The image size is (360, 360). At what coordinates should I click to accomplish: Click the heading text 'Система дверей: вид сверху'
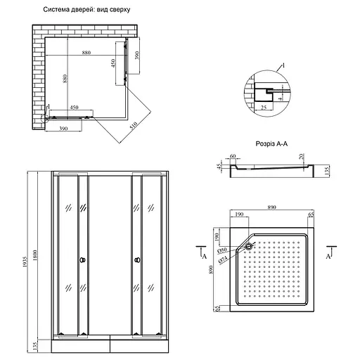click(86, 10)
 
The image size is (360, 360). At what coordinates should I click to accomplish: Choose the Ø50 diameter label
click(222, 250)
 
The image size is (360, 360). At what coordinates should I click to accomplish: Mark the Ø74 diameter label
click(223, 259)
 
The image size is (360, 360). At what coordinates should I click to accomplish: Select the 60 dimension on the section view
click(233, 158)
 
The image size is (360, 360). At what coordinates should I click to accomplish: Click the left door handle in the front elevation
click(83, 262)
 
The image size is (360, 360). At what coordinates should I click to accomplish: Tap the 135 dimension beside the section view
click(328, 169)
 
